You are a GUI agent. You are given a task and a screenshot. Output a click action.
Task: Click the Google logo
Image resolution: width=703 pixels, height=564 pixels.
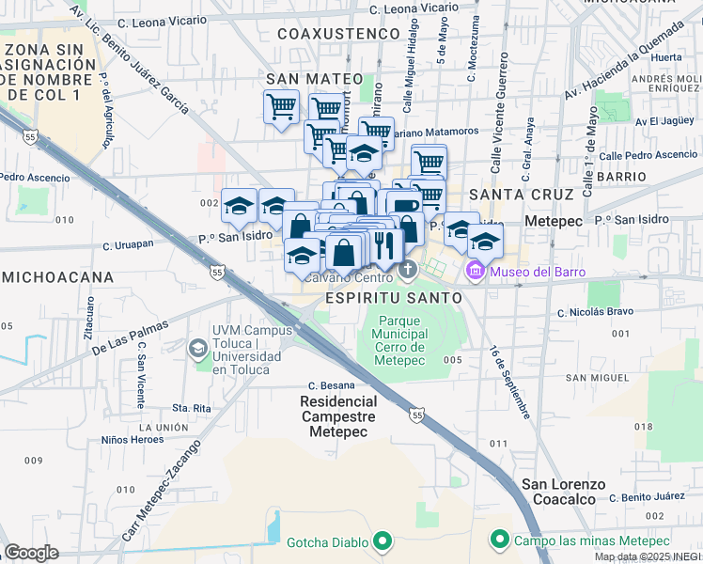coord(32,553)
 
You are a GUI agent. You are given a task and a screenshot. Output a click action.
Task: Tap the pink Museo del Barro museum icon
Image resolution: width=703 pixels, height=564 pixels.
coord(476,272)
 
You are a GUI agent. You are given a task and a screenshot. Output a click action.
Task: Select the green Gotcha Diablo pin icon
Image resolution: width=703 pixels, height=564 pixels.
coord(382,540)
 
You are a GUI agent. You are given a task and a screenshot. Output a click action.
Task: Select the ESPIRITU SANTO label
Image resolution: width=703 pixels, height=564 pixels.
coord(393,297)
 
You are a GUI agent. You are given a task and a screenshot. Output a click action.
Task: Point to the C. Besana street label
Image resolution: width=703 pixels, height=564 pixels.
coord(332,385)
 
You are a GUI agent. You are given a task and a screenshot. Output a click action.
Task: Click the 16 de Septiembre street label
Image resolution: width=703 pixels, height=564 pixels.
coord(509,381)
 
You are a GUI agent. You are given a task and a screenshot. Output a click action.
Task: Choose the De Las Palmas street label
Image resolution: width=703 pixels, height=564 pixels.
coord(130,337)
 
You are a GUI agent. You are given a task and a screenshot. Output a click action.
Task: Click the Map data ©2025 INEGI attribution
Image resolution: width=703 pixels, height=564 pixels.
coord(648,556)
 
